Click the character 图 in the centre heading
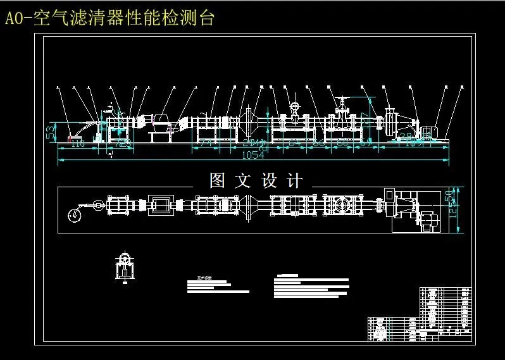(x=217, y=181)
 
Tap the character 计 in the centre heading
(x=294, y=181)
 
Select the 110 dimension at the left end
(x=77, y=144)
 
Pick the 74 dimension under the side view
(x=204, y=144)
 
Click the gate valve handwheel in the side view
(x=342, y=101)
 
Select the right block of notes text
(x=311, y=287)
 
